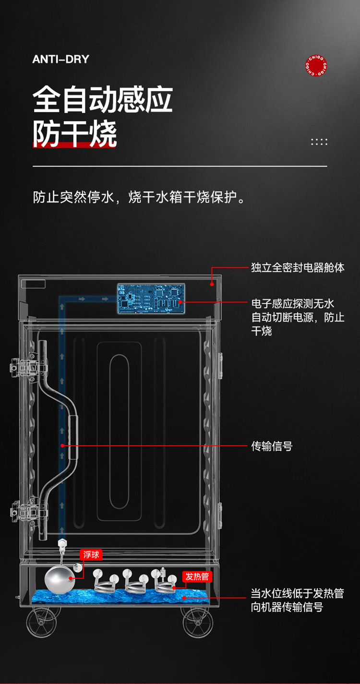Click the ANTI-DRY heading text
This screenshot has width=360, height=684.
pyautogui.click(x=61, y=59)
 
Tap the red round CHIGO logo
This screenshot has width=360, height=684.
pyautogui.click(x=316, y=65)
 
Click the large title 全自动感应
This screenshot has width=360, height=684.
pyautogui.click(x=103, y=99)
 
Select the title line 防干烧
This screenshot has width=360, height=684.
pyautogui.click(x=75, y=133)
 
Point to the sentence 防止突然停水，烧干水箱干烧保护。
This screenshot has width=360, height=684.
pyautogui.click(x=139, y=197)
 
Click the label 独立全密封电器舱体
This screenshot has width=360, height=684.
pyautogui.click(x=298, y=267)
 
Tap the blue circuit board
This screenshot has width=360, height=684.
pyautogui.click(x=151, y=299)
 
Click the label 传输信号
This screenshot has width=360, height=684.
pyautogui.click(x=272, y=446)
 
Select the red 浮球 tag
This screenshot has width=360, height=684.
pyautogui.click(x=91, y=554)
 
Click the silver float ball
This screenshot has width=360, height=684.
pyautogui.click(x=60, y=579)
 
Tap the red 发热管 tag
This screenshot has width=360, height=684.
pyautogui.click(x=197, y=576)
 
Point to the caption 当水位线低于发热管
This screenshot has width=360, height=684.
pyautogui.click(x=298, y=593)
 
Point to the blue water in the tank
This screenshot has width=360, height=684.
pyautogui.click(x=120, y=597)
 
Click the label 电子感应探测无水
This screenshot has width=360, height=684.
pyautogui.click(x=292, y=303)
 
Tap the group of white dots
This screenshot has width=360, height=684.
pyautogui.click(x=319, y=142)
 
